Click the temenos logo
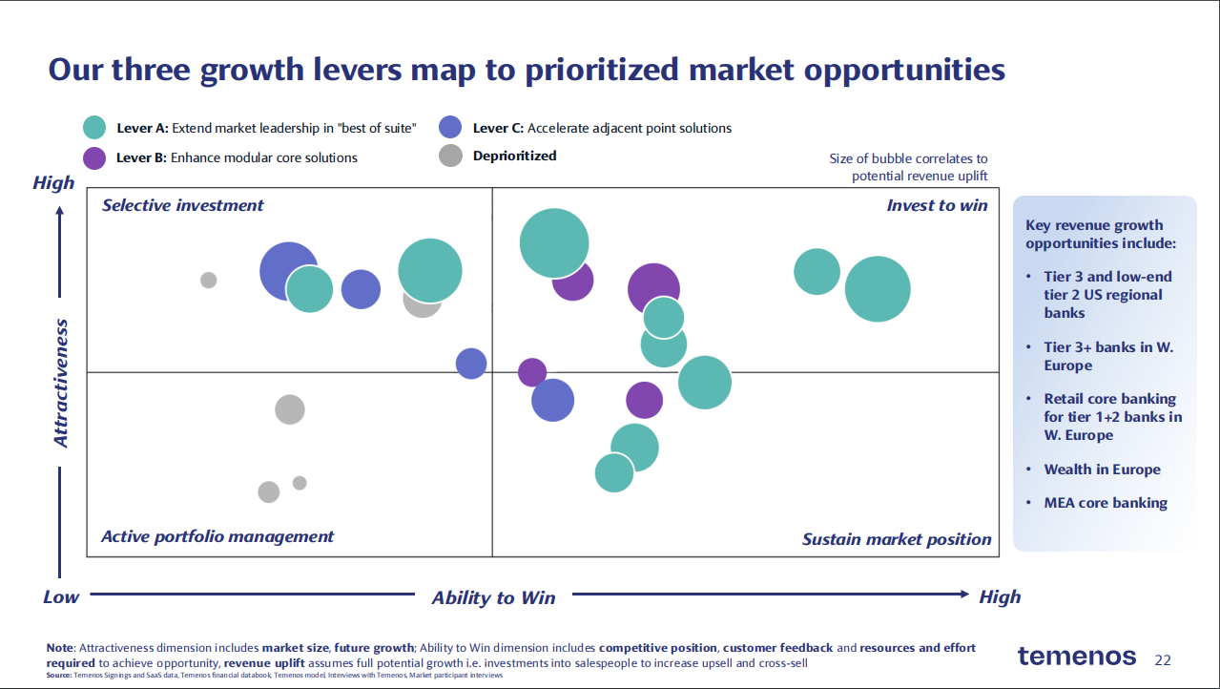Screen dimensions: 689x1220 pos(1076,657)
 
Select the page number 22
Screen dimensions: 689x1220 pos(1163,659)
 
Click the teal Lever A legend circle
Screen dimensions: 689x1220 pos(94,128)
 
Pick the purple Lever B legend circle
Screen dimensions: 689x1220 pos(94,157)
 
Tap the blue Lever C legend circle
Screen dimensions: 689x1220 pos(450,127)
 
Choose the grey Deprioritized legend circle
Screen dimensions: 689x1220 pos(450,156)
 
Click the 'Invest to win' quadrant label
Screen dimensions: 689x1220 pos(937,205)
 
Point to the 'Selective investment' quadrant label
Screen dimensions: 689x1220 pos(182,205)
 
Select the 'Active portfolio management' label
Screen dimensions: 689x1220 pos(217,536)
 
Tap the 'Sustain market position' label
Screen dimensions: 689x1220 pos(897,539)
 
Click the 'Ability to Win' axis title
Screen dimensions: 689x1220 pos(493,597)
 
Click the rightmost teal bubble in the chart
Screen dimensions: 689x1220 pos(878,289)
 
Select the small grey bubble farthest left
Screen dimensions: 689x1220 pos(208,280)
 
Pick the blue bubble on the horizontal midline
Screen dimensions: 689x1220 pos(471,363)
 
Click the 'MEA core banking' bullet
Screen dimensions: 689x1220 pos(1105,503)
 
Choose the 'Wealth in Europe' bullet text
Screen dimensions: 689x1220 pos(1102,470)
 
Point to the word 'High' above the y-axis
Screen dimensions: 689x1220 pos(53,182)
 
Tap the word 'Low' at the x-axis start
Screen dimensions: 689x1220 pos(61,596)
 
